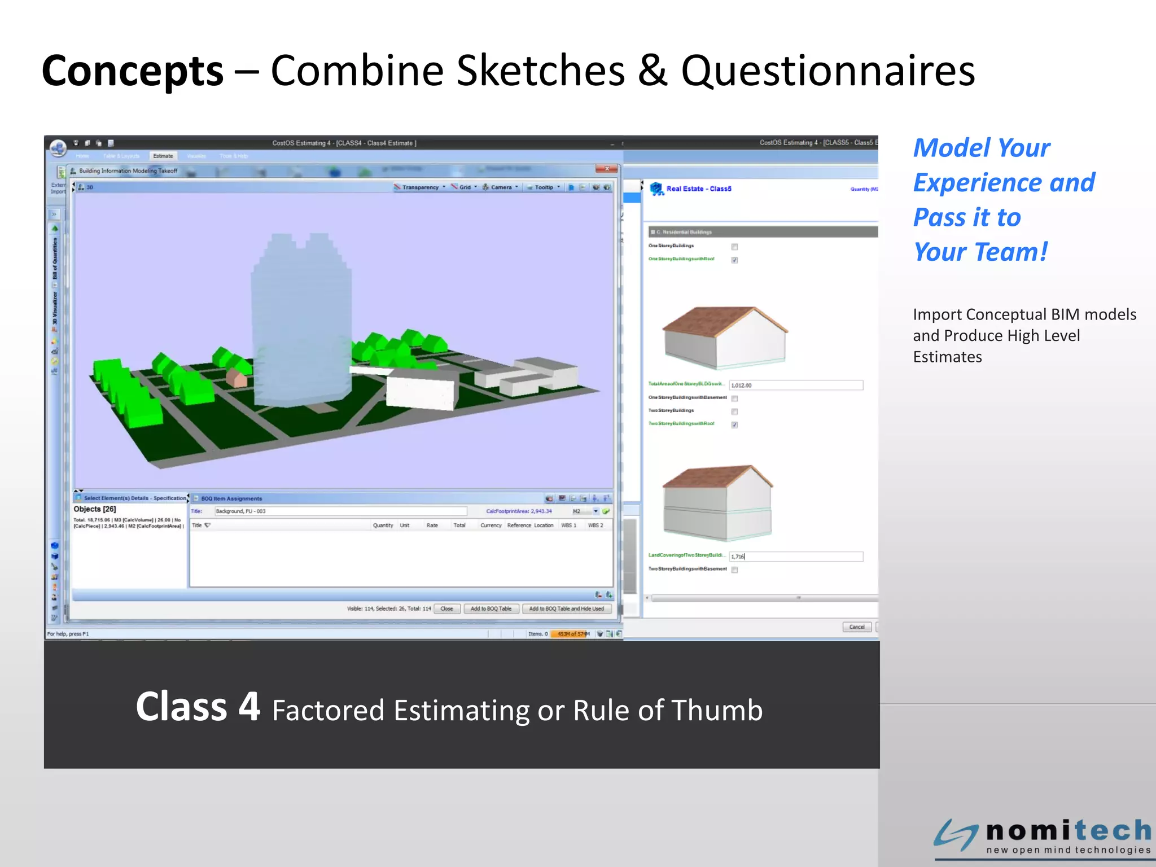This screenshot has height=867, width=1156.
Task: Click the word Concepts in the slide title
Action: click(x=133, y=72)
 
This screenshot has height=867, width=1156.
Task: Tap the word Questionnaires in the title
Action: click(x=828, y=72)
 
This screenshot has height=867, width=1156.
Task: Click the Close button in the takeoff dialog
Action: click(x=446, y=608)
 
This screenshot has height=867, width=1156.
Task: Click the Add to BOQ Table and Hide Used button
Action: click(x=566, y=608)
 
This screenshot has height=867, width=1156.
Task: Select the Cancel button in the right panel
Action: click(x=856, y=627)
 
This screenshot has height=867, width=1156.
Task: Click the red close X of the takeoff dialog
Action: click(x=607, y=169)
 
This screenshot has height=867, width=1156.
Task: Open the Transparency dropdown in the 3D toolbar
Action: click(x=420, y=187)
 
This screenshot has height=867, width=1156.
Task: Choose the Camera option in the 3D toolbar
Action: click(x=500, y=187)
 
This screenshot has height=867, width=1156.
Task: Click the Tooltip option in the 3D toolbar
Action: click(x=544, y=187)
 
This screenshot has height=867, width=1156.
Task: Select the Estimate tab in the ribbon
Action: click(x=163, y=156)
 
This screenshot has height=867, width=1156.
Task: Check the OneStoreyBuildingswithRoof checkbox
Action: click(x=734, y=260)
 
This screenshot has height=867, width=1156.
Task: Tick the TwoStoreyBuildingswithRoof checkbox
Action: click(x=734, y=424)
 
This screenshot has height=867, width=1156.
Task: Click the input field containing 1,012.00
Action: click(x=795, y=385)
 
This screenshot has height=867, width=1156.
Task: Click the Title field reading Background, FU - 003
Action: click(x=340, y=511)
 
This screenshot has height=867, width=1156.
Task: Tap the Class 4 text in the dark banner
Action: click(x=198, y=707)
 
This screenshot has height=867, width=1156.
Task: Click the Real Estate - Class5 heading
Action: click(x=698, y=189)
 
